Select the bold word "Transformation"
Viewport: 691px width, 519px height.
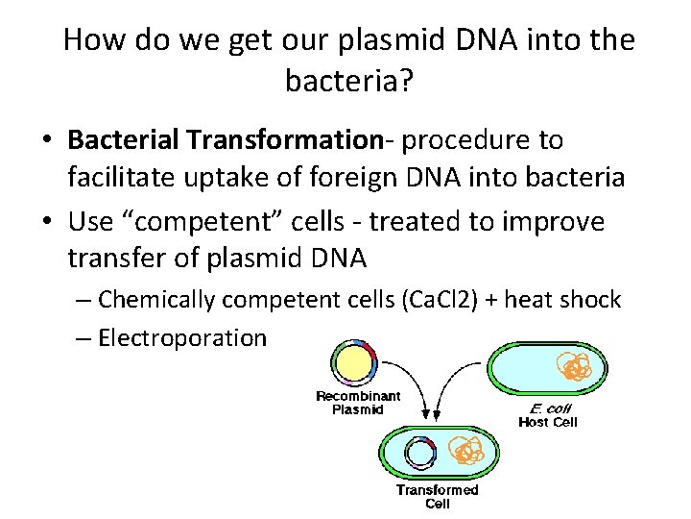pos(285,140)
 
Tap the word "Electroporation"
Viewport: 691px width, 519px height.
pos(182,337)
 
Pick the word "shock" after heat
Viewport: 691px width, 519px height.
pos(589,300)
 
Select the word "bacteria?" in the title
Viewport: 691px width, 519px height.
pos(349,81)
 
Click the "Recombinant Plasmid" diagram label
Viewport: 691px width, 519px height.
pos(358,403)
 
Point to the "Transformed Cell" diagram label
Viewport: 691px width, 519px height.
pos(437,496)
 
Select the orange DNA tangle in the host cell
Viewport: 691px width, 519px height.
pos(575,368)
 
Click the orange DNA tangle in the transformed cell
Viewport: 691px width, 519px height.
pos(467,452)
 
